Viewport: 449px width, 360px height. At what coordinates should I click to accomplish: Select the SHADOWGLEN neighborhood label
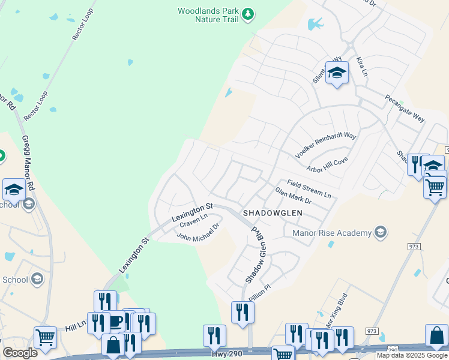(272, 213)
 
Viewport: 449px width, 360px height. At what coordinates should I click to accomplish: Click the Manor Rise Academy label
(331, 232)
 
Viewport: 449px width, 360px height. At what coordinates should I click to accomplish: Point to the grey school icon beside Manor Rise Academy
(379, 232)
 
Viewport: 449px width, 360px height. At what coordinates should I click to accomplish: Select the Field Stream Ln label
(309, 190)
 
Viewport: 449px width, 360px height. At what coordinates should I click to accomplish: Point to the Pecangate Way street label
(405, 108)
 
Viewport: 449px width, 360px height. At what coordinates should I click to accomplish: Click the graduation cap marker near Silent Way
(337, 73)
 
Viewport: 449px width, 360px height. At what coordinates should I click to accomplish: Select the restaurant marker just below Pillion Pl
(243, 312)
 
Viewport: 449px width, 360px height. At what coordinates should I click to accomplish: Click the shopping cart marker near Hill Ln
(45, 338)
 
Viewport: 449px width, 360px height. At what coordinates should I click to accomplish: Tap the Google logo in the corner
(20, 353)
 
